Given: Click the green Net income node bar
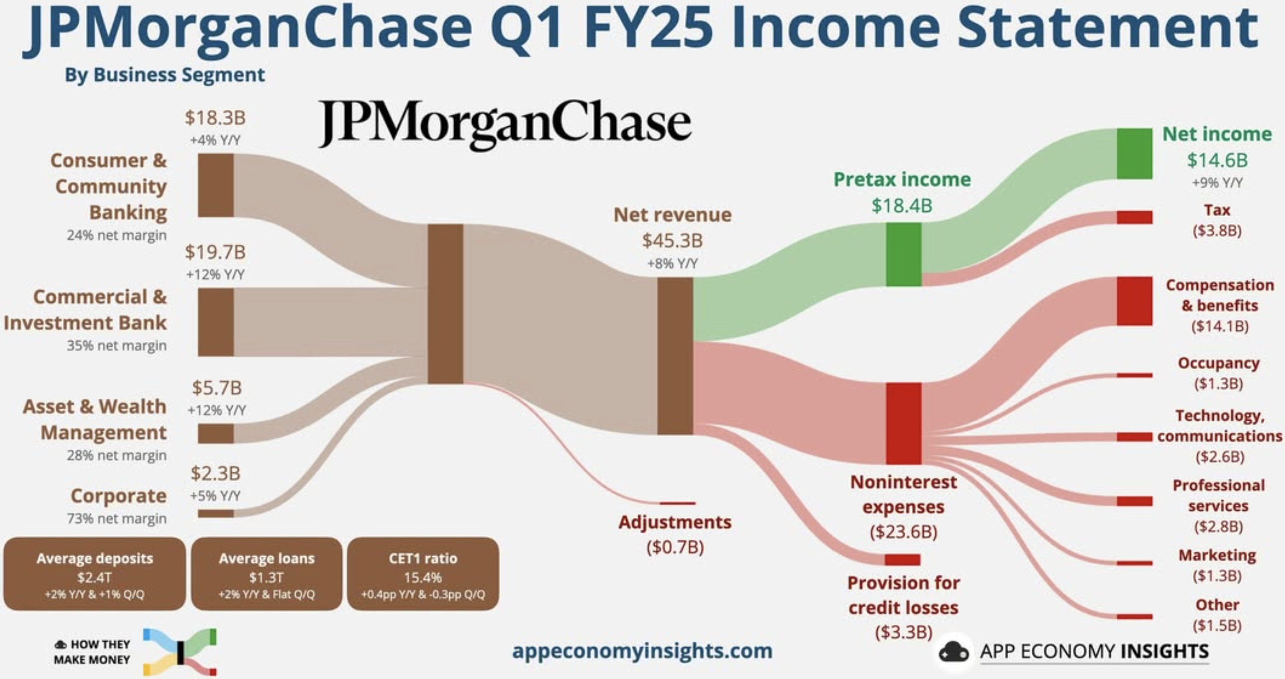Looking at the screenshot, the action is [x=1134, y=153].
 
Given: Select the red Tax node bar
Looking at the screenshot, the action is [x=1134, y=217].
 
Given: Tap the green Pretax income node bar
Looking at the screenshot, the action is [x=903, y=255].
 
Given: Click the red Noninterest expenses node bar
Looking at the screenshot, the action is [x=903, y=423].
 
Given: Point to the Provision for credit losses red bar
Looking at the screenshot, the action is [x=903, y=560].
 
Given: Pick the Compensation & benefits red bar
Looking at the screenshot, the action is [x=1134, y=301].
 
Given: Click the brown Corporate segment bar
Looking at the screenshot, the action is [x=215, y=513].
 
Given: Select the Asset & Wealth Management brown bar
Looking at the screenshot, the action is [x=215, y=433].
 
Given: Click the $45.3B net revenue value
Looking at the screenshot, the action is [x=672, y=241].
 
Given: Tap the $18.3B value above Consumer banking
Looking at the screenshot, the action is [x=215, y=118].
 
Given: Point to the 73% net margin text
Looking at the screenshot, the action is [x=117, y=518].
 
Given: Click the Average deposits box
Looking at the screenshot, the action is [x=94, y=574].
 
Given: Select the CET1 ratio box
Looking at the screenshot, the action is [x=423, y=574].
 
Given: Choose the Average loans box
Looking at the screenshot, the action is [x=266, y=574].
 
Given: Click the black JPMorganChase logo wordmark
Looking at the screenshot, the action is [x=505, y=124].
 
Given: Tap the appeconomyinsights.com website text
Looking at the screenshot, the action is [x=642, y=651].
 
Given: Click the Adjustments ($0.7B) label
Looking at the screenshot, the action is [x=675, y=535].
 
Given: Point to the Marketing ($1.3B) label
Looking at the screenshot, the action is [x=1217, y=565].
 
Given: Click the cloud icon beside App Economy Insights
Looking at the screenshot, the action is [x=954, y=651].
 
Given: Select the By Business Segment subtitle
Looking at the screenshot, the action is [x=165, y=75].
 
